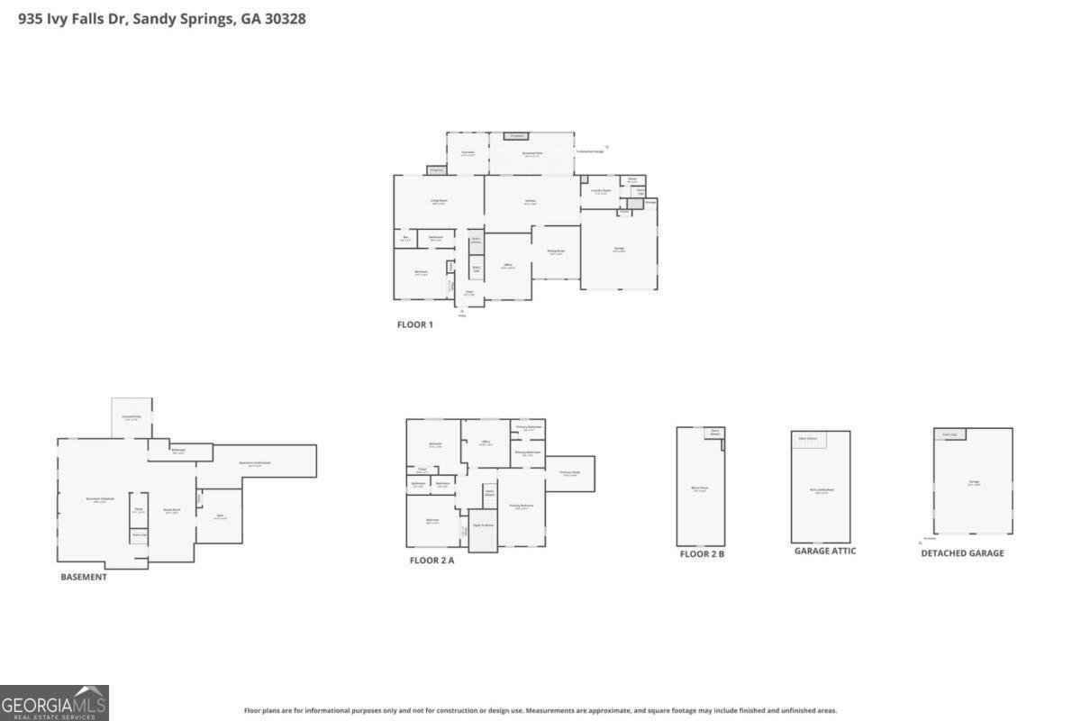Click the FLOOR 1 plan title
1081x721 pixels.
415,324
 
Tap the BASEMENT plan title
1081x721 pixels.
83,577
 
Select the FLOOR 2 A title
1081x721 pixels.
432,561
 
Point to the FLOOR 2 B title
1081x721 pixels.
702,553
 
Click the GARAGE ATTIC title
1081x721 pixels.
824,551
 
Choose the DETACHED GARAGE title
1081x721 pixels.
962,553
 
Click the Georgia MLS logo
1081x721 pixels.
54,703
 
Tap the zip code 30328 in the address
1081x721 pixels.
285,18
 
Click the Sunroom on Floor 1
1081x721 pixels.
468,153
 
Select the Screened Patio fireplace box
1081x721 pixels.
515,136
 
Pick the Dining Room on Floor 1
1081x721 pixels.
557,252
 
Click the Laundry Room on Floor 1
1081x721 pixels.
601,191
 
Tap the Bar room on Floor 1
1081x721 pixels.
405,239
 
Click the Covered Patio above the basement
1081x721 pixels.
131,418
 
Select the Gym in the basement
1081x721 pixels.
219,516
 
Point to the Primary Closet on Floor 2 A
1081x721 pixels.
569,473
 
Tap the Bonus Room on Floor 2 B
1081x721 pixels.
700,489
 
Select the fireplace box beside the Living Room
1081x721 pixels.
437,169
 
